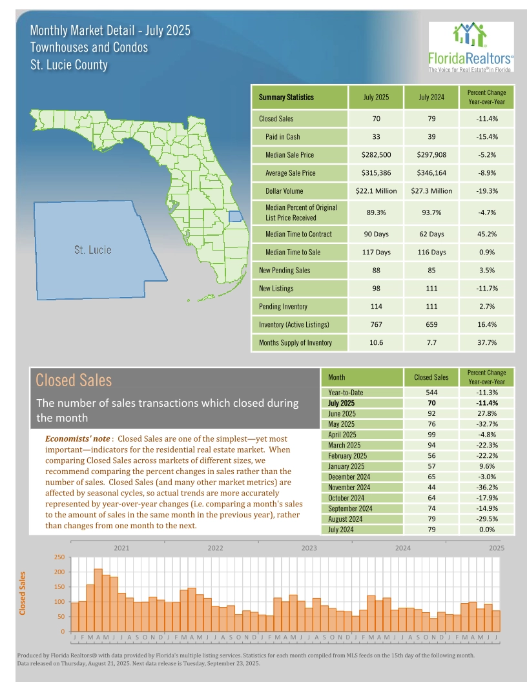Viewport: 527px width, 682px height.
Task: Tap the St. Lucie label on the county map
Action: tap(93, 250)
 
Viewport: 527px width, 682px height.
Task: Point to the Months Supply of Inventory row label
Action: tap(295, 342)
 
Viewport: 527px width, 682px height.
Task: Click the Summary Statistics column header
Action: tap(286, 98)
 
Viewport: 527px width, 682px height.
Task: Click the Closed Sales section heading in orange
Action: tap(74, 380)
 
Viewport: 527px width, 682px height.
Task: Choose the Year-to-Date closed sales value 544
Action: tap(431, 392)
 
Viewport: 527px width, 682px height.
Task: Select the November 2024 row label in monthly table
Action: tap(349, 488)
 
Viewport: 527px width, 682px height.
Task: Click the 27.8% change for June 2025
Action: tap(488, 413)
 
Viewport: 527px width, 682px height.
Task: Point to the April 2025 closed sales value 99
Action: tap(431, 435)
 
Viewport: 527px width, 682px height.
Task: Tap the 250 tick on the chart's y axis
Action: tap(59, 557)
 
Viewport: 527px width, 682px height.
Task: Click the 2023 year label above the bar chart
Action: tap(309, 548)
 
